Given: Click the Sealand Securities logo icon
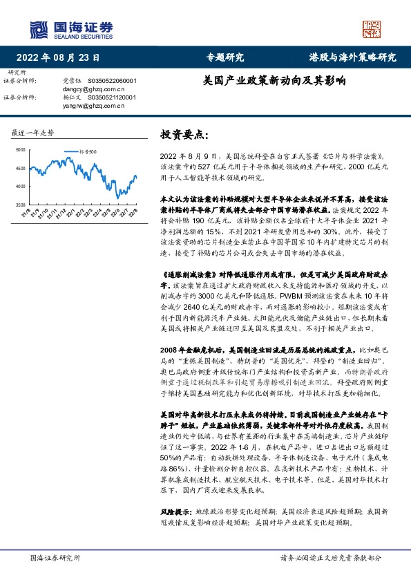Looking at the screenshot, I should tap(39, 29).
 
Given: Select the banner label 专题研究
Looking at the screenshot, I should tap(225, 57).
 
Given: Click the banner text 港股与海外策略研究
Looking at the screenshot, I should tap(352, 57).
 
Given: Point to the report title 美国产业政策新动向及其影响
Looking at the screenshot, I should tap(274, 80).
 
